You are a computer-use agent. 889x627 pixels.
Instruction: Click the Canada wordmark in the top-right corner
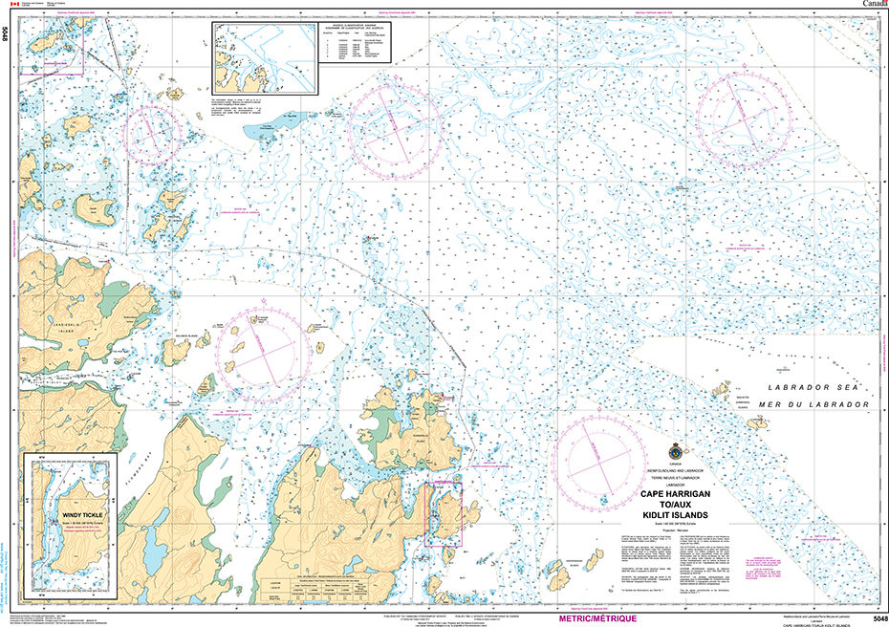[x=873, y=5]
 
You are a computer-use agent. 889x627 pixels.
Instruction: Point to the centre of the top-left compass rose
[x=153, y=131]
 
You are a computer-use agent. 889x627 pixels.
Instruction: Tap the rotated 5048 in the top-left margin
[x=7, y=38]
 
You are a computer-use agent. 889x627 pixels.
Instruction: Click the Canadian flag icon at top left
[x=7, y=5]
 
